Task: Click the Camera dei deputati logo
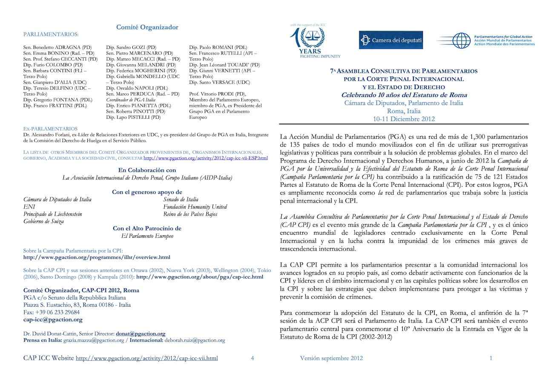click(x=391, y=40)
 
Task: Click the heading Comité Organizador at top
click(x=147, y=27)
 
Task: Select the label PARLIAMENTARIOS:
click(x=51, y=34)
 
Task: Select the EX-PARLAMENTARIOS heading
click(x=50, y=128)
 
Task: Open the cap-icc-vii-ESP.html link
click(x=206, y=158)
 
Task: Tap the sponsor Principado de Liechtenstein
click(x=53, y=214)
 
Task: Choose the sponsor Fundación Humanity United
click(x=195, y=207)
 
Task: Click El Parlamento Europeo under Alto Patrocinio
click(x=147, y=236)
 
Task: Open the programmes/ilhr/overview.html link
click(x=97, y=257)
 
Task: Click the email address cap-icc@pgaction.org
click(x=53, y=319)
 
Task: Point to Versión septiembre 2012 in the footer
click(x=331, y=358)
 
